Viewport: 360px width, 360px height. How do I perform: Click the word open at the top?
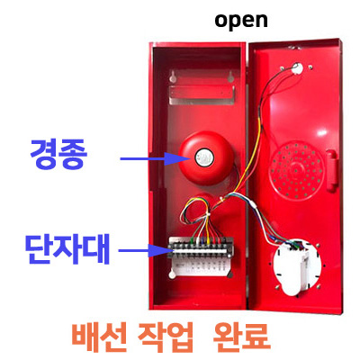[x=241, y=21]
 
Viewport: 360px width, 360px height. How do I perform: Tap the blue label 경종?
[x=58, y=155]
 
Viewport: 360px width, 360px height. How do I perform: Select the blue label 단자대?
[x=67, y=249]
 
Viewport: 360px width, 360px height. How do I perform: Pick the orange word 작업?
[x=166, y=337]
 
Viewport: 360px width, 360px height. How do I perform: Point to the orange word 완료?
[x=241, y=337]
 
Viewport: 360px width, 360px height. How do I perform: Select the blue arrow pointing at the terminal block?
[x=143, y=250]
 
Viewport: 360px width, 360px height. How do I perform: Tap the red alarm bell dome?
[x=206, y=157]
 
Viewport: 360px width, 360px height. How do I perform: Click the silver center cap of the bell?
[x=203, y=157]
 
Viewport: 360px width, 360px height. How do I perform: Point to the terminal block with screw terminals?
[x=201, y=247]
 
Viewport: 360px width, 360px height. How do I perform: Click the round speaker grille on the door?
[x=297, y=170]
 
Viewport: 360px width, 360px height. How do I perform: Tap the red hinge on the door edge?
[x=331, y=170]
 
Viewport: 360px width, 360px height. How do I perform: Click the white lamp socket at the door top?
[x=297, y=68]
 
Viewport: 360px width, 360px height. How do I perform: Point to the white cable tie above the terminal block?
[x=207, y=215]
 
